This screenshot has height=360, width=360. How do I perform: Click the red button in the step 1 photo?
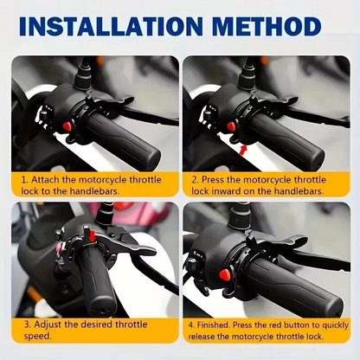(66, 128)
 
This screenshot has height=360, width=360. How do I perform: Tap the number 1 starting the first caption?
(24, 178)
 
